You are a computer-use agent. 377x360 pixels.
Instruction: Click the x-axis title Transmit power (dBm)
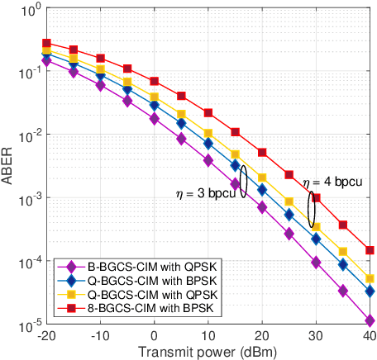pyautogui.click(x=208, y=352)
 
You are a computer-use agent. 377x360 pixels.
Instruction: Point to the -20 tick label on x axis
pyautogui.click(x=46, y=336)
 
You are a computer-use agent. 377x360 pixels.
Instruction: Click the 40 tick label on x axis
pyautogui.click(x=370, y=336)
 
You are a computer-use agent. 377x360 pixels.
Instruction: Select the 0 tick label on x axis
pyautogui.click(x=155, y=336)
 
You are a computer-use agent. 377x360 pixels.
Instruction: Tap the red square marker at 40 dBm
pyautogui.click(x=370, y=249)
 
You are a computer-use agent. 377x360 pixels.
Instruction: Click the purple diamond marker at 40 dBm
pyautogui.click(x=370, y=320)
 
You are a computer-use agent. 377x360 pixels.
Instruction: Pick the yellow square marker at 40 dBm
pyautogui.click(x=370, y=278)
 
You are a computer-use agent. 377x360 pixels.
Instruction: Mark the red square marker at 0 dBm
pyautogui.click(x=155, y=81)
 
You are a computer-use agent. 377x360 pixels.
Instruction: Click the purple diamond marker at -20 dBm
pyautogui.click(x=47, y=60)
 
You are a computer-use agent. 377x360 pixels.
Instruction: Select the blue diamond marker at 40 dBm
pyautogui.click(x=370, y=291)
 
